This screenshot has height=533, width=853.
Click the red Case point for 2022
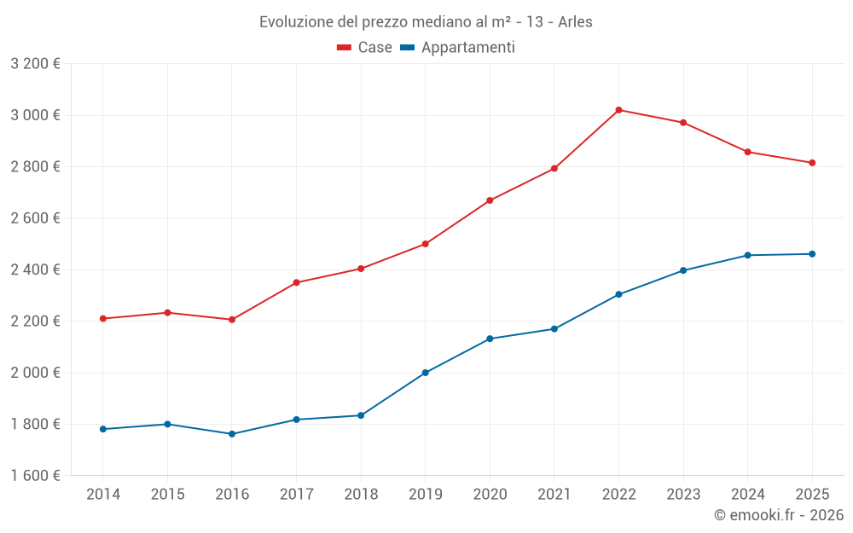click(x=618, y=110)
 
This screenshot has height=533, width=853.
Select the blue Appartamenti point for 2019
click(x=426, y=373)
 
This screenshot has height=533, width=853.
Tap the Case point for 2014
click(x=103, y=319)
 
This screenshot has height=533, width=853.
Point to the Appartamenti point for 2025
click(x=812, y=254)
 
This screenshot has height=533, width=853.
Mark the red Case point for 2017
click(x=296, y=282)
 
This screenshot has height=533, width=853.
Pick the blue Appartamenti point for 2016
click(x=232, y=434)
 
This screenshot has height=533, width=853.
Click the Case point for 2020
click(x=490, y=200)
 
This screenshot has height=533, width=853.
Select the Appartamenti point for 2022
click(x=618, y=294)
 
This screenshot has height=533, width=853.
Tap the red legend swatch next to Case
click(x=345, y=48)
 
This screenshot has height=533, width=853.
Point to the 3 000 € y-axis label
click(x=35, y=115)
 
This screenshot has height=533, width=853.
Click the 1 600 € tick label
click(x=35, y=476)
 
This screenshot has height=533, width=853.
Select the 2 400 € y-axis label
click(x=35, y=269)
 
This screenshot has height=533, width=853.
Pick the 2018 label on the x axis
click(x=361, y=495)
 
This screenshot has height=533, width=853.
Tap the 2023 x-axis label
click(x=683, y=495)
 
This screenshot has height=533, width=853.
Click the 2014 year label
click(x=103, y=495)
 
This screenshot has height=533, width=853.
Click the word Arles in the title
click(x=575, y=22)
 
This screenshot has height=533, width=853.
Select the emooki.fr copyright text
click(x=778, y=515)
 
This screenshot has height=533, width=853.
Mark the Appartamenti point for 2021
click(x=554, y=329)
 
